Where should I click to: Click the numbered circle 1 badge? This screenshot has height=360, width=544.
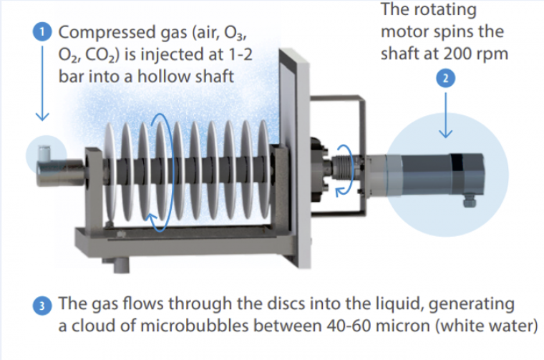(44, 32)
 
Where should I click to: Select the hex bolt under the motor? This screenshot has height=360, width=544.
(470, 202)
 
